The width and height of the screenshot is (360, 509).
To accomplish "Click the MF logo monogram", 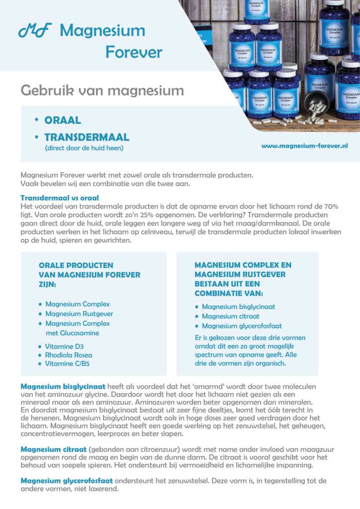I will point(35,31).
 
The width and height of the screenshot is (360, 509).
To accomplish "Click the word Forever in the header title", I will point(134,52).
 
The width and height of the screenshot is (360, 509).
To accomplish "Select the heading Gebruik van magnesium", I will point(102,91).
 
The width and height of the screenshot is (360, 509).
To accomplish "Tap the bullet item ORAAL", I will point(63,120).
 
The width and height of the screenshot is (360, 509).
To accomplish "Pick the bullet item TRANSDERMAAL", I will point(87,137).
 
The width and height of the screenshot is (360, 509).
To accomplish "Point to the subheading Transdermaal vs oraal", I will point(60,198).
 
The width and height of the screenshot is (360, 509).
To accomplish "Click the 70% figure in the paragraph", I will point(330,206).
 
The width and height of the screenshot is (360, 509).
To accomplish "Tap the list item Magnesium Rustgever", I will point(79,314).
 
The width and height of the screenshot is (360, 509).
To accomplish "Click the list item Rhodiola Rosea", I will point(69,355).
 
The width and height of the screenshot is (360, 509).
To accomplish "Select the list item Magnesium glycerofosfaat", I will point(242,326).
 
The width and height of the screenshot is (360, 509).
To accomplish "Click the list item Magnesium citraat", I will point(231,316).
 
